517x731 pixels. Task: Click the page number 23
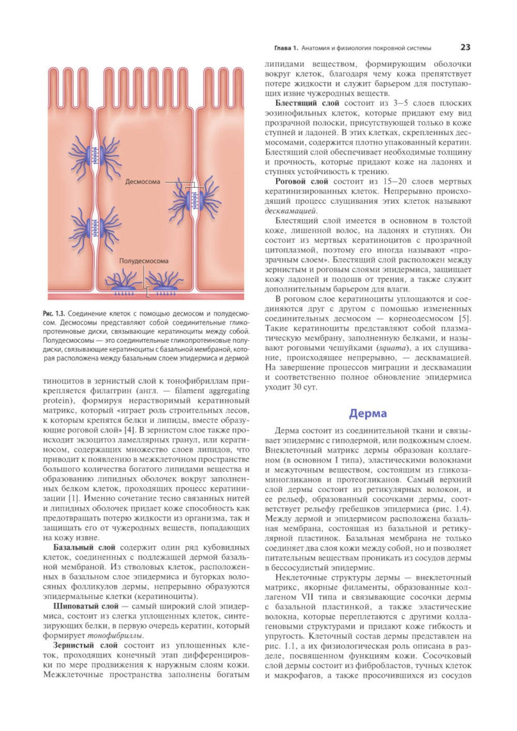click(465, 48)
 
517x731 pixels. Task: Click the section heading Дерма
click(368, 414)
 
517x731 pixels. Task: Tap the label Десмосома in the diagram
click(143, 182)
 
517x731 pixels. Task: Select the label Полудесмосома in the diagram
click(144, 261)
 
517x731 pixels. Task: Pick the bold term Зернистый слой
click(85, 645)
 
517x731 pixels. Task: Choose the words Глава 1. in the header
click(285, 48)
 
